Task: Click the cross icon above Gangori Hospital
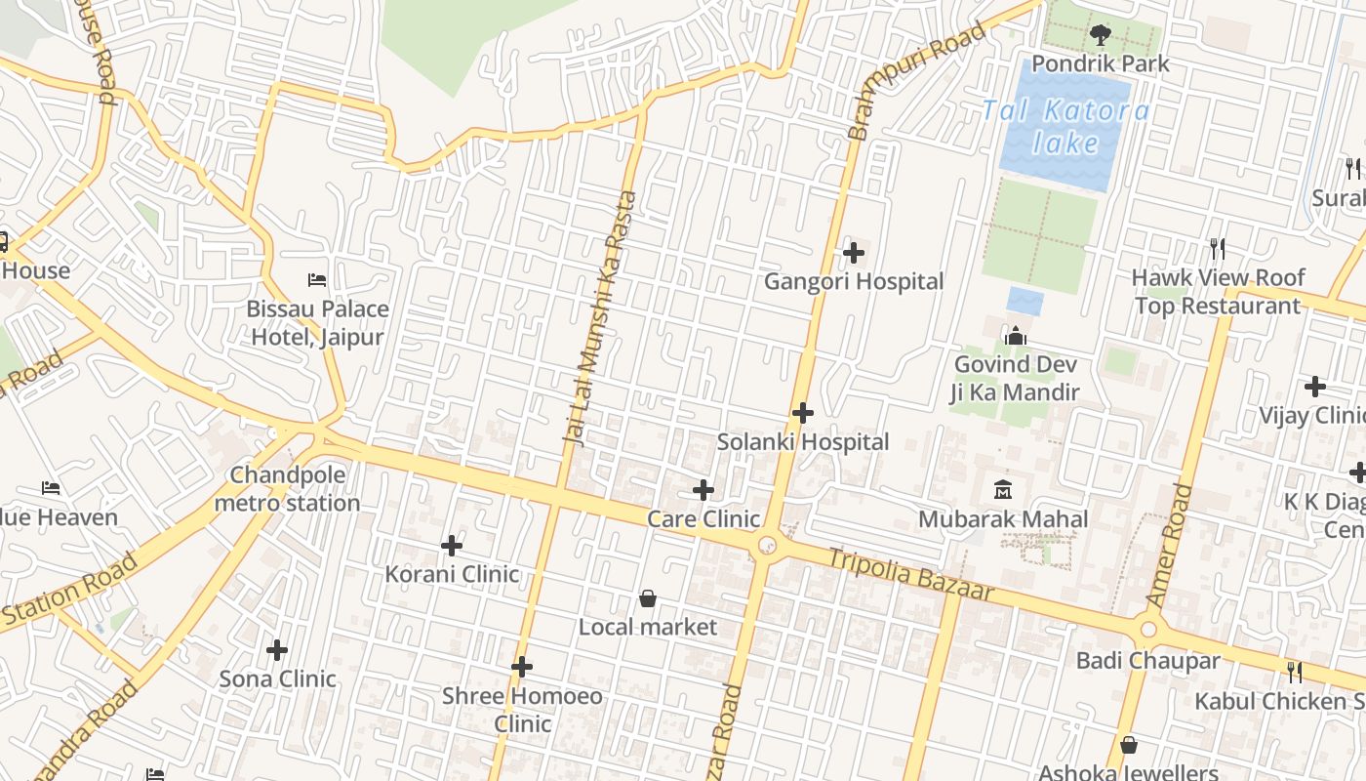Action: (854, 254)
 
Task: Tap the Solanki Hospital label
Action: (803, 442)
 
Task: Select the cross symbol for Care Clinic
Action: (703, 489)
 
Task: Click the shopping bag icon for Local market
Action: (647, 597)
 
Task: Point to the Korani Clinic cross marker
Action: (452, 545)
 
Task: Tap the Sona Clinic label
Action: (277, 678)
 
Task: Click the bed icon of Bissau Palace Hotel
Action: (317, 280)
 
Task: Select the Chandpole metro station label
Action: (287, 489)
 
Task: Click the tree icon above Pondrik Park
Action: (1100, 36)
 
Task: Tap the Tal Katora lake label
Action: (1065, 127)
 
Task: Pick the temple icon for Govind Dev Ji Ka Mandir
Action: (1016, 337)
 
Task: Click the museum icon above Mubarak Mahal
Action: (1003, 489)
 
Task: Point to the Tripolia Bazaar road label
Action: (910, 575)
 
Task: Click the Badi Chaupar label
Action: (1147, 661)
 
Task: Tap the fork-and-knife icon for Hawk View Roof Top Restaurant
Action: (1217, 249)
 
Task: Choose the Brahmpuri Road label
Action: (914, 83)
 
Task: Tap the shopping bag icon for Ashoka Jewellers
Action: (1129, 745)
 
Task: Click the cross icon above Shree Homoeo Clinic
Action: (522, 667)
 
